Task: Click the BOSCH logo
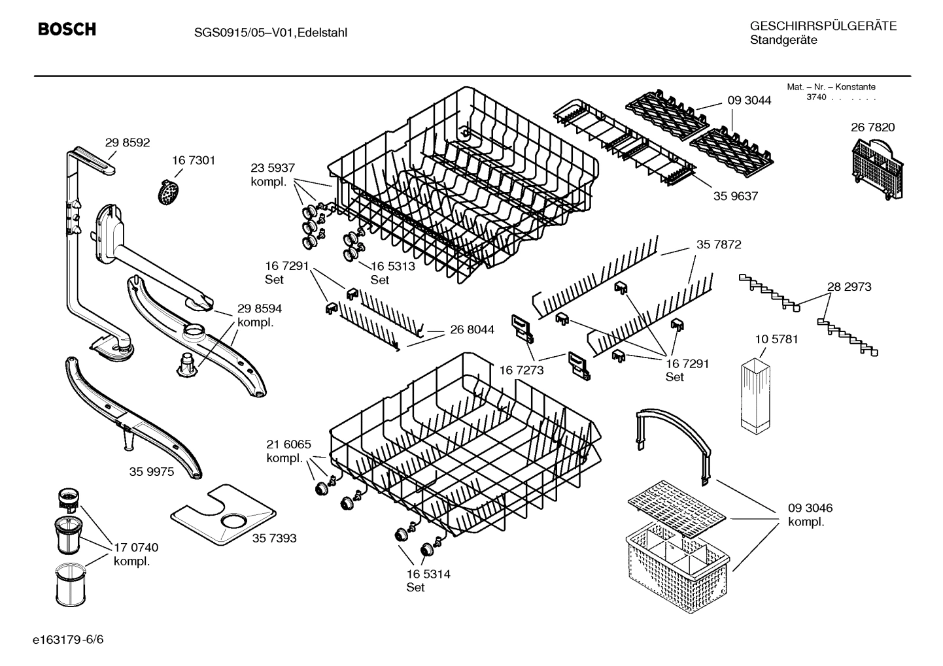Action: point(67,29)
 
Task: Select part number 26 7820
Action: point(872,127)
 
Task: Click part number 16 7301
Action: point(194,160)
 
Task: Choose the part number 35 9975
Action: point(152,472)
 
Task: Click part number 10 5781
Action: point(776,339)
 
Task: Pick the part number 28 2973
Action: point(849,286)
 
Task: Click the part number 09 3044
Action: point(749,101)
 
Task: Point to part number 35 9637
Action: point(736,195)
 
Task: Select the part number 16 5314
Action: point(428,574)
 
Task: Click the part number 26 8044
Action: point(472,329)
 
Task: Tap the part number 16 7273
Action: point(521,371)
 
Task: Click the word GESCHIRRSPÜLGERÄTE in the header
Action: point(823,26)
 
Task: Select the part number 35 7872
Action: point(718,244)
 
